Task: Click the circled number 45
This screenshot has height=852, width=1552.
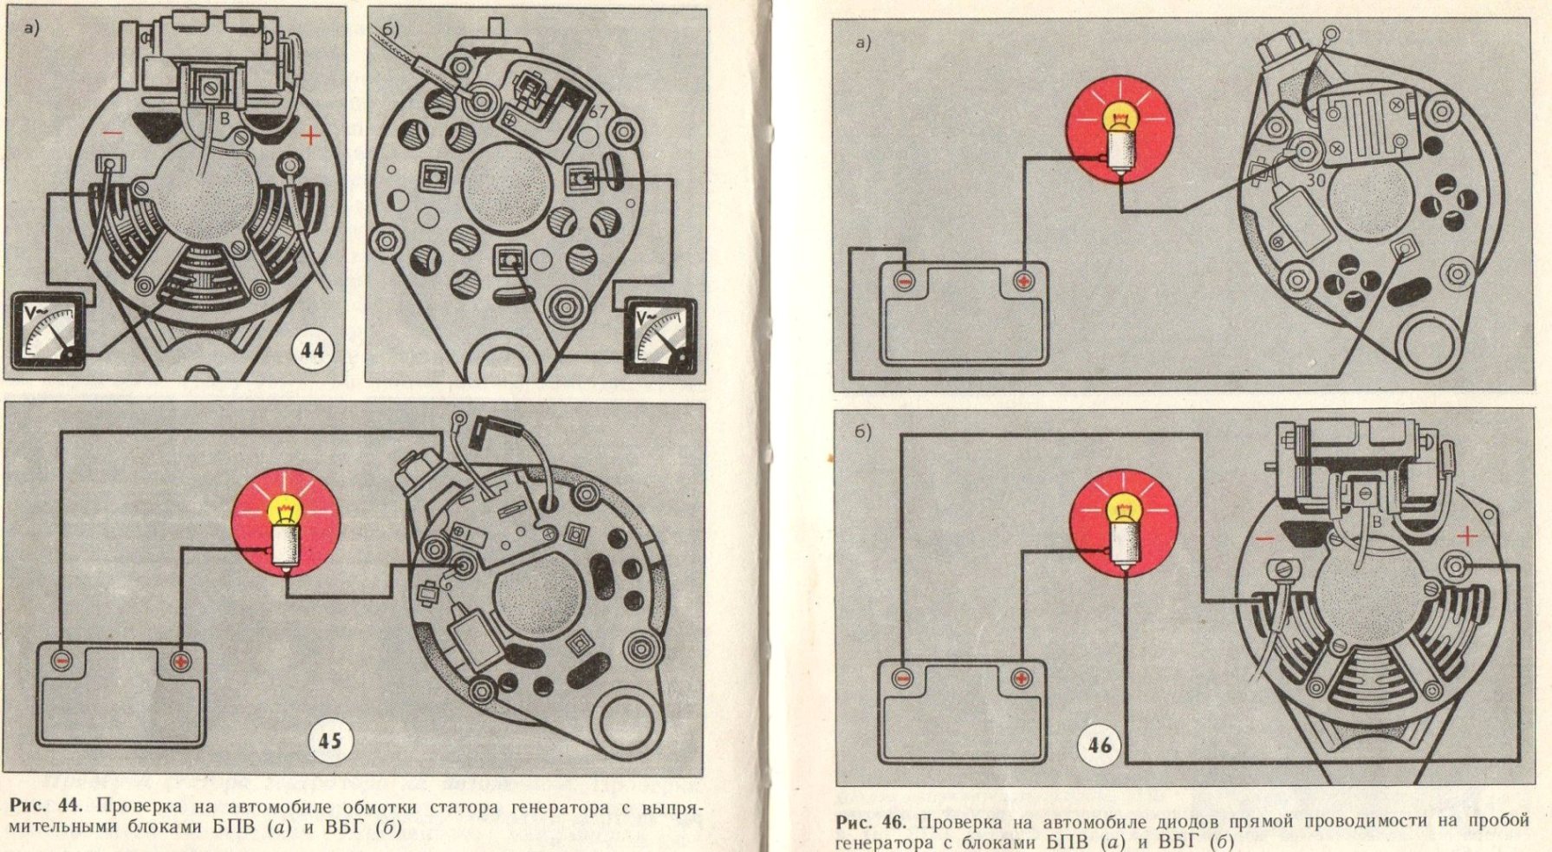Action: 329,741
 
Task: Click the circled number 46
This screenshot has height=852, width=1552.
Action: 1100,744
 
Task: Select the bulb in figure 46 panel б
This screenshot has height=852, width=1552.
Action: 1124,530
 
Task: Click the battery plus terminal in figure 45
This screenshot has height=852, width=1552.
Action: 179,661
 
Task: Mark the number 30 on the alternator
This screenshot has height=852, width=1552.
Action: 1316,180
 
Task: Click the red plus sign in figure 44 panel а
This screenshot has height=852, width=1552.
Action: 309,136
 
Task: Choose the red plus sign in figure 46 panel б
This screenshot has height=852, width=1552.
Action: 1467,537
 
